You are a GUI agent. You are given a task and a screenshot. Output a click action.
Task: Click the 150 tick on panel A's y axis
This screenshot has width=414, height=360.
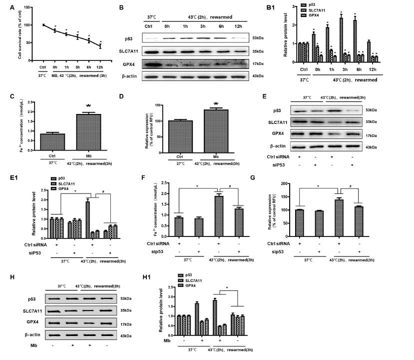[x=28, y=8]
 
